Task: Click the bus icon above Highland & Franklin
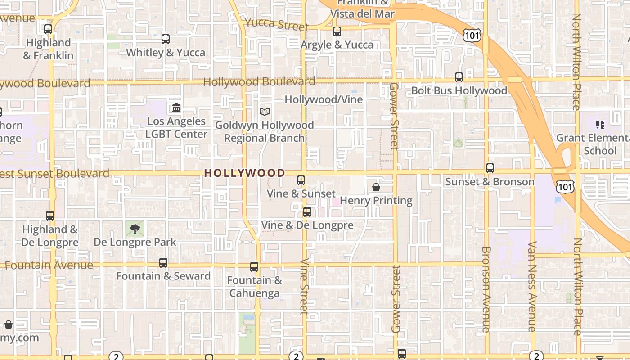[x=48, y=29]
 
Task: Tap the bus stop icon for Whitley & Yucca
[x=166, y=39]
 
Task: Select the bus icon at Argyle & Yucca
[x=337, y=31]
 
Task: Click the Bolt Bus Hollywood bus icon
[x=459, y=77]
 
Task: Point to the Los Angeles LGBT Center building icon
[x=176, y=108]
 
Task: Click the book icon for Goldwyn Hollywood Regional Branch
[x=265, y=112]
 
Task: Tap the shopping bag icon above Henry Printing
[x=376, y=187]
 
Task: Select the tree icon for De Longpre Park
[x=135, y=229]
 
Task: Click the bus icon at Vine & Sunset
[x=301, y=180]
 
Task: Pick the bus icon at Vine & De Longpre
[x=307, y=211]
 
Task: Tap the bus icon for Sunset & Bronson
[x=490, y=168]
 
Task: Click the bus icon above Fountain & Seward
[x=163, y=263]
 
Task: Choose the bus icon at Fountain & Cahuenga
[x=254, y=267]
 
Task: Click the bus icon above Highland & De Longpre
[x=50, y=216]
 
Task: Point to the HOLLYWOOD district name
[x=245, y=173]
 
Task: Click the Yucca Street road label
[x=277, y=24]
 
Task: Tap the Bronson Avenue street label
[x=486, y=289]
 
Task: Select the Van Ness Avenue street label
[x=532, y=286]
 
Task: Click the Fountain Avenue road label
[x=49, y=265]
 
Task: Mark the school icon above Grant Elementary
[x=600, y=124]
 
